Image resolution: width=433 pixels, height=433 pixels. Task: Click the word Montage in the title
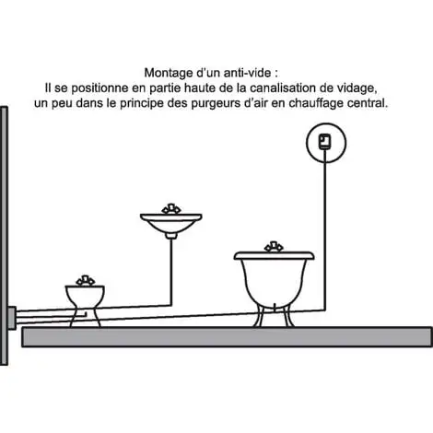(x=168, y=73)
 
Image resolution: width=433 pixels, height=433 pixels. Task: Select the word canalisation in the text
(x=282, y=88)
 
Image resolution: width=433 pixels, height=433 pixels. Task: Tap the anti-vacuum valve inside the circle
(x=325, y=142)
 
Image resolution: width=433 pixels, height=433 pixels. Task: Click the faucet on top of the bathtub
(x=274, y=247)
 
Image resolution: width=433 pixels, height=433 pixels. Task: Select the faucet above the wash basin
(x=171, y=208)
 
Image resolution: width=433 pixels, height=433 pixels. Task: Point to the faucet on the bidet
(x=86, y=280)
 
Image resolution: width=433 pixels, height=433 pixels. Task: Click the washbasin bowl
(x=171, y=223)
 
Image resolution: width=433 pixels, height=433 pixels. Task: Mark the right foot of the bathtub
(x=288, y=315)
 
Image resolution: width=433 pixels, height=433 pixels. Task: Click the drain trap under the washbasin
(x=171, y=236)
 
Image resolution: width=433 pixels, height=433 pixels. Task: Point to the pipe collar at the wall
(x=12, y=318)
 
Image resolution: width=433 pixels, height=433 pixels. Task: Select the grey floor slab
(x=227, y=337)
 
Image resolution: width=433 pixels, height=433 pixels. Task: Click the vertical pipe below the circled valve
(x=325, y=237)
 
